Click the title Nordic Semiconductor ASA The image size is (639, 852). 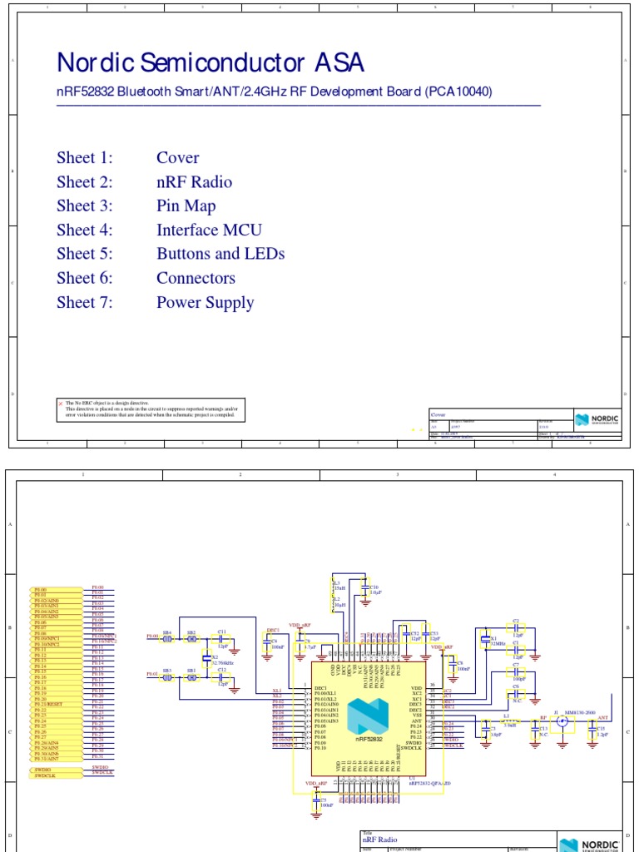click(210, 64)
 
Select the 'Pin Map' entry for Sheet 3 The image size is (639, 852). click(186, 206)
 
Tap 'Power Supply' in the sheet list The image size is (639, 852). click(205, 303)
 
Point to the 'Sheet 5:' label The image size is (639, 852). click(84, 254)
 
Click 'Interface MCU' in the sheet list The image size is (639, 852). click(209, 230)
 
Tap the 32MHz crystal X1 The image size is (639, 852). click(485, 640)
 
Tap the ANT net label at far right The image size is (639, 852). click(603, 717)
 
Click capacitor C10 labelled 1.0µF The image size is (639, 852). click(364, 588)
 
